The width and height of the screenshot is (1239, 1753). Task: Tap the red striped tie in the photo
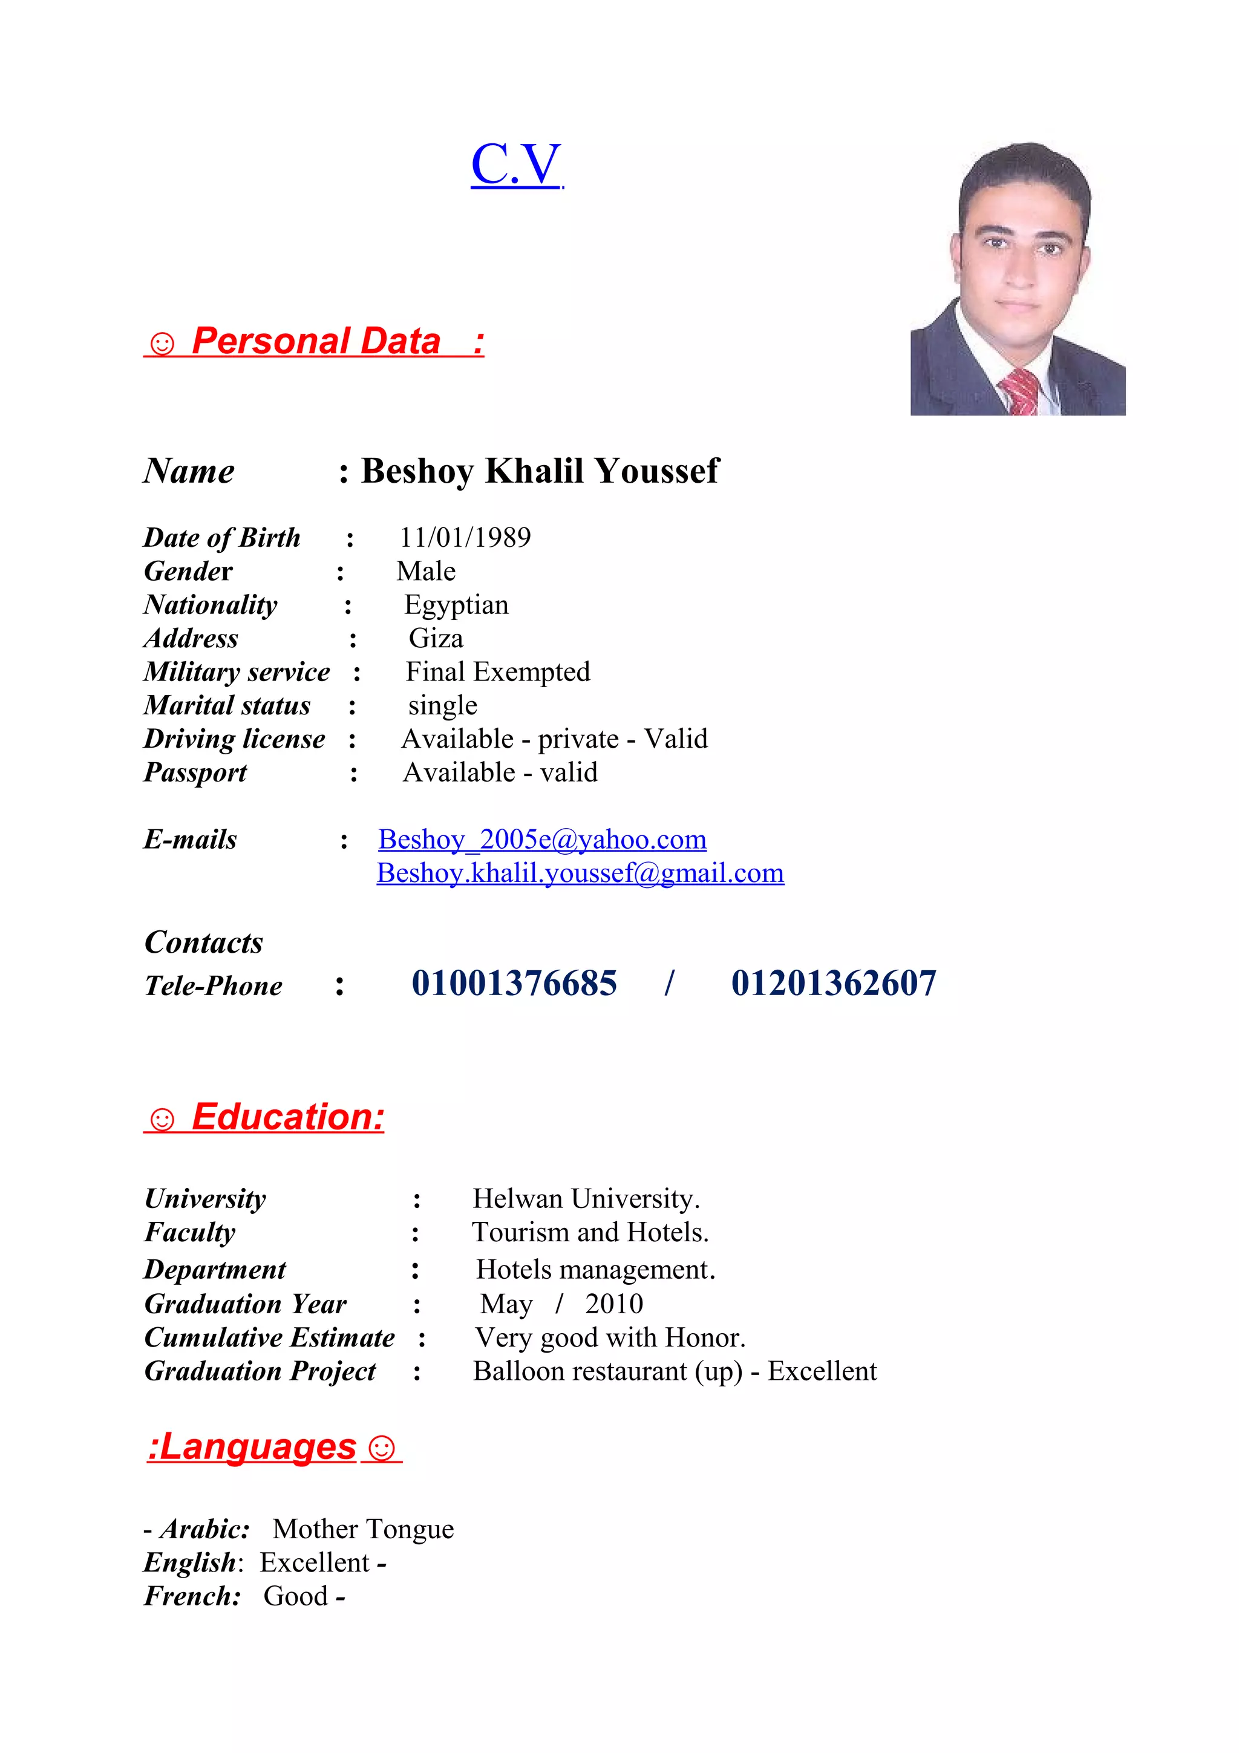[x=1020, y=391]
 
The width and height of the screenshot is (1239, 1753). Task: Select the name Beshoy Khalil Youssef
[x=539, y=471]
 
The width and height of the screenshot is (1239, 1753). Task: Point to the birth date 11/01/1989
[x=465, y=538]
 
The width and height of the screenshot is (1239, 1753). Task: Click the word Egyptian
[x=456, y=605]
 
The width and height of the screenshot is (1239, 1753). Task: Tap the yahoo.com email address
[x=542, y=839]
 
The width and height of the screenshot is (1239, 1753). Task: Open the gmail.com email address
[x=580, y=873]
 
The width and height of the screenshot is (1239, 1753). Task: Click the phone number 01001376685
[x=514, y=984]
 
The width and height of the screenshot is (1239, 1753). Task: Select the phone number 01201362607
[x=833, y=984]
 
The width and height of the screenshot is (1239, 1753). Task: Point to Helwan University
[x=585, y=1199]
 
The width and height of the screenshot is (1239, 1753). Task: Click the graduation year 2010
[x=614, y=1304]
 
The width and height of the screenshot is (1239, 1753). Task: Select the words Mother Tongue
[x=364, y=1529]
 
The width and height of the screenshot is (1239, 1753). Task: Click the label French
[x=192, y=1596]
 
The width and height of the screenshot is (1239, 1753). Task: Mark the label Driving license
[x=234, y=739]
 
